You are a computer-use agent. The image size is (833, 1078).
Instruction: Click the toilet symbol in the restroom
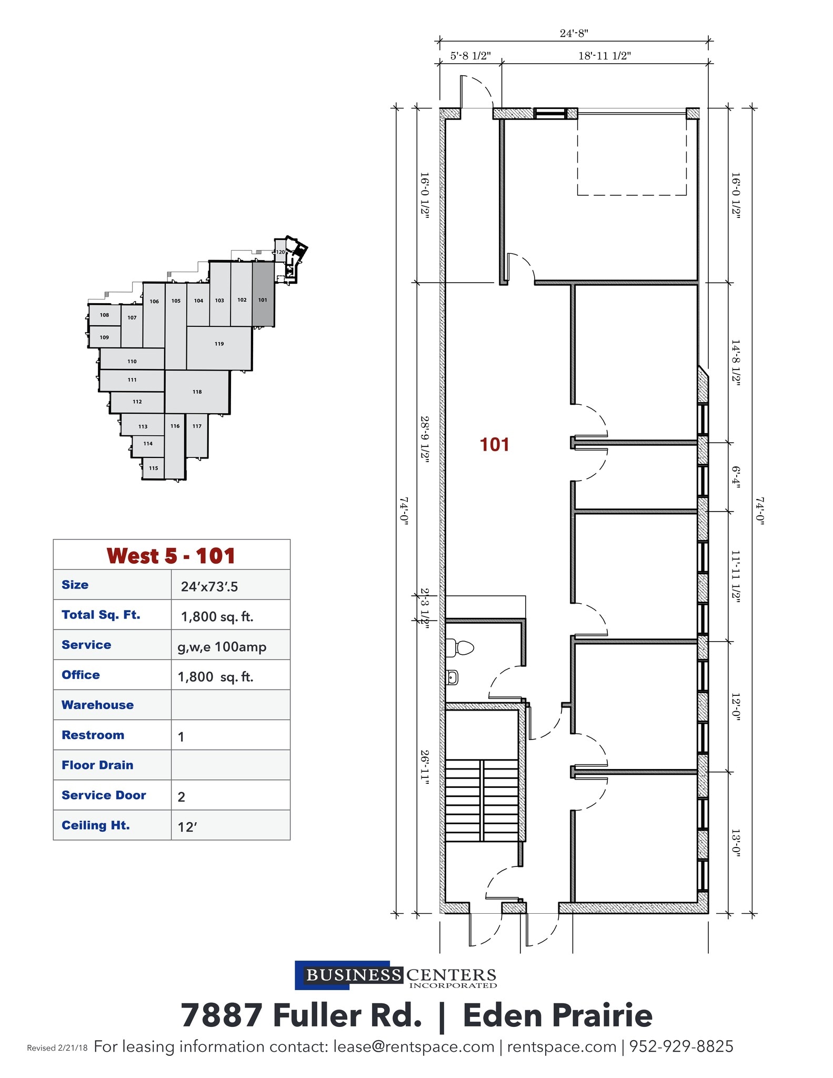459,647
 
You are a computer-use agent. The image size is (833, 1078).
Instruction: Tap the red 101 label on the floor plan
494,445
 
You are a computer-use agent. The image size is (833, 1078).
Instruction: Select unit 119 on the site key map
219,344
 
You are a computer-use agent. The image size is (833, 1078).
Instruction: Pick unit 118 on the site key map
197,392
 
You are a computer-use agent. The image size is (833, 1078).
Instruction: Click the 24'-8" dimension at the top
574,33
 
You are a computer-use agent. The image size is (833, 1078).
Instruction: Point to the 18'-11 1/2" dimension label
605,56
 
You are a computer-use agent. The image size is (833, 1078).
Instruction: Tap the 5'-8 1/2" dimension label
470,56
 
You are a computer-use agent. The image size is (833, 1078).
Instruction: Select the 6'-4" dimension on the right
736,477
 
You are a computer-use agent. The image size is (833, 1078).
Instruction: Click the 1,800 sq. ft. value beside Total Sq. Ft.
217,616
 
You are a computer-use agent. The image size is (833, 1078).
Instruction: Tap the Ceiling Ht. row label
96,825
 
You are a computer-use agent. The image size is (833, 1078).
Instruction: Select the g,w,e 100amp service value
222,647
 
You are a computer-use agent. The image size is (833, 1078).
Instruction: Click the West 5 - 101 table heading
171,556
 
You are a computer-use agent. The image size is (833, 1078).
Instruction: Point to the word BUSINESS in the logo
354,975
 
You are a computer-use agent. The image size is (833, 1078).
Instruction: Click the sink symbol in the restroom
453,677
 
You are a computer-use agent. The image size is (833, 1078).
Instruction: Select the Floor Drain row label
97,765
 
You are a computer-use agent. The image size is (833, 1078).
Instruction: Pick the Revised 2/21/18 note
57,1048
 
